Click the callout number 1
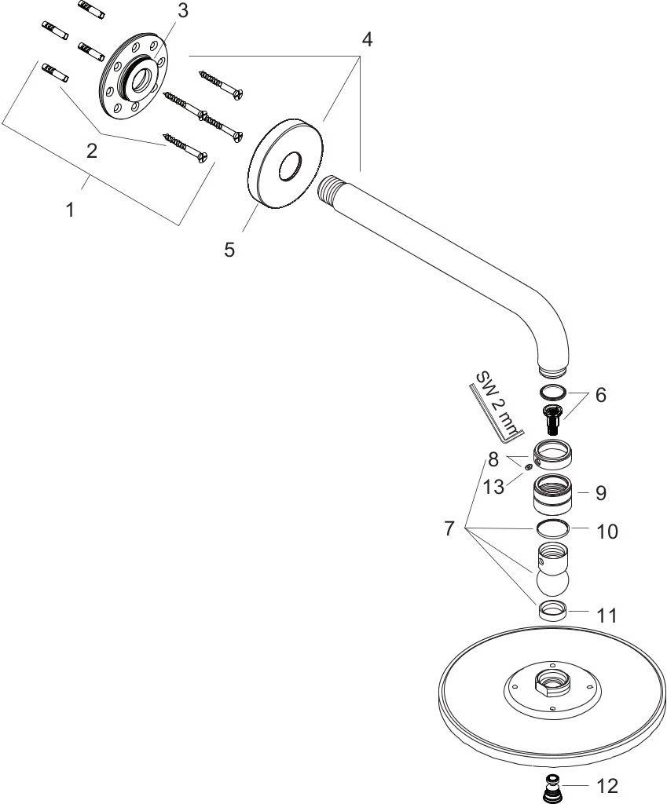71,210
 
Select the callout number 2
93,152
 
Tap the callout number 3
182,11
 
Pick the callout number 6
600,395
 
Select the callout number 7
449,528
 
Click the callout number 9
600,493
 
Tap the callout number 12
607,785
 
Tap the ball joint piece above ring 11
555,571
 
